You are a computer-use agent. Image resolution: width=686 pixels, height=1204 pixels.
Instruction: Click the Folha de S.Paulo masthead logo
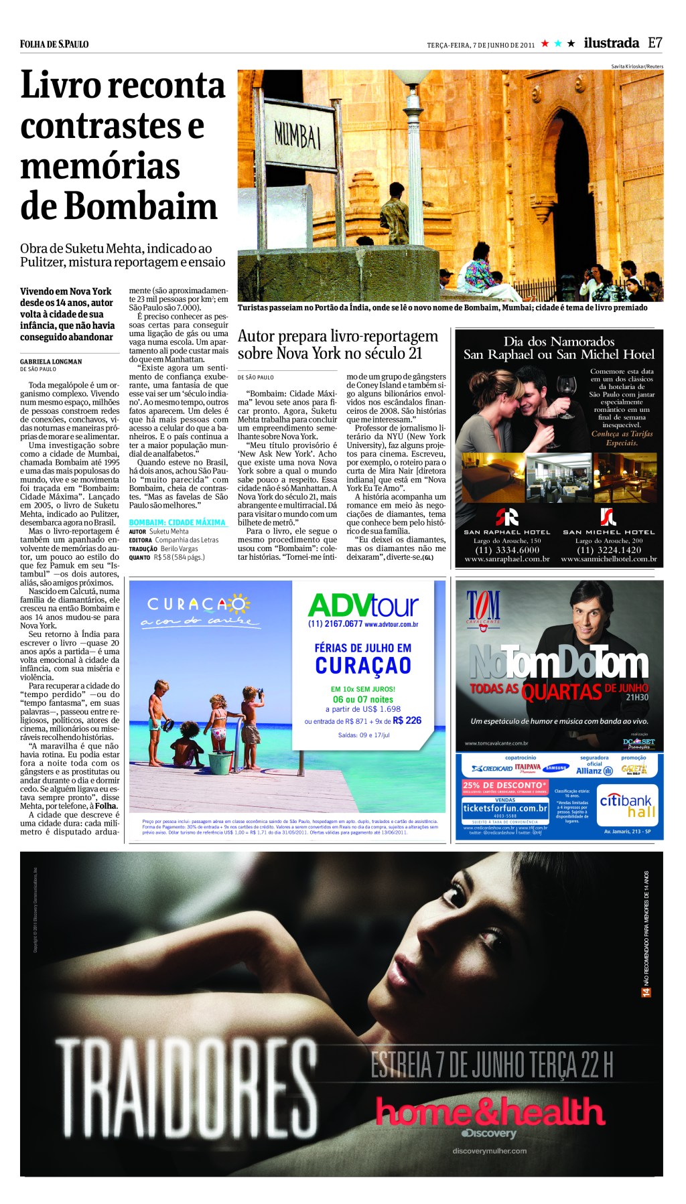coord(54,44)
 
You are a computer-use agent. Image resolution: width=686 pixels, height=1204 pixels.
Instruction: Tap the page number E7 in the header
coord(655,43)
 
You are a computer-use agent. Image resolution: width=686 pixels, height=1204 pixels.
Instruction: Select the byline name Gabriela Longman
coord(51,362)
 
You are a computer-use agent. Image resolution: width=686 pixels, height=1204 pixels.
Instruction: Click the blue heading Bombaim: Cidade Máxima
coord(177,522)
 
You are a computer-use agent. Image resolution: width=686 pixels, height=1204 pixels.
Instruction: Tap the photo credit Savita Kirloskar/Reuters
coord(636,66)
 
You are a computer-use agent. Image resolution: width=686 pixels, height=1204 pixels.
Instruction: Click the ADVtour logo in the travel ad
coord(363,606)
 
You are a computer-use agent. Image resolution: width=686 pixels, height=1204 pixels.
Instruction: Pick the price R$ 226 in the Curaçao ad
coord(407,721)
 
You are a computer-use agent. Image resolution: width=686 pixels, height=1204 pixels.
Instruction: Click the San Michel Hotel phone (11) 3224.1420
coord(608,550)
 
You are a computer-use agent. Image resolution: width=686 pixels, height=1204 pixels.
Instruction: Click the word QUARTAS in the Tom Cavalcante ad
coord(561,692)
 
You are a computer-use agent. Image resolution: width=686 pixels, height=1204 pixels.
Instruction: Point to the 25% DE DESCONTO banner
coord(504,785)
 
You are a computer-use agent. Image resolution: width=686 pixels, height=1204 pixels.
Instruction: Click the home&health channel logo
coord(490,1112)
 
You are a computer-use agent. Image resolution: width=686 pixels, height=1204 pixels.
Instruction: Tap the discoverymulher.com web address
coord(489,1151)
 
